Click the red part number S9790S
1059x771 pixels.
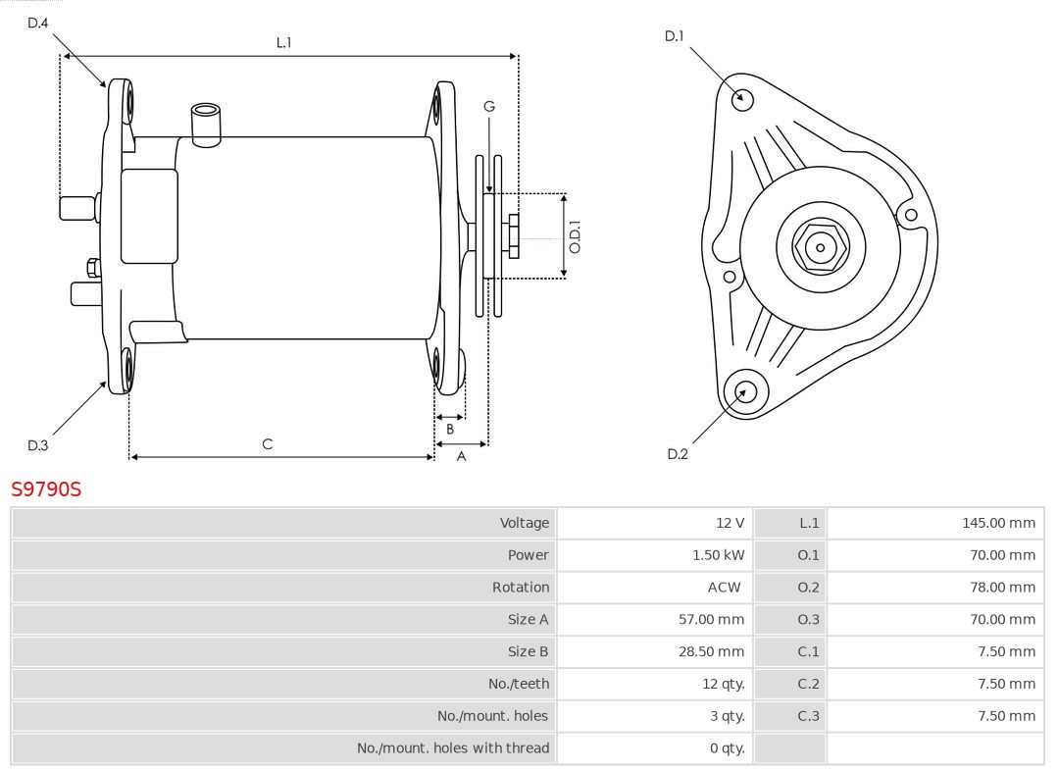pyautogui.click(x=46, y=488)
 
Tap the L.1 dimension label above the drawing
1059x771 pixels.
pyautogui.click(x=283, y=42)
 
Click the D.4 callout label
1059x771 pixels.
pyautogui.click(x=37, y=22)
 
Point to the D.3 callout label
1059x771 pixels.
pyautogui.click(x=37, y=445)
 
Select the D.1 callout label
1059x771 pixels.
pyautogui.click(x=674, y=36)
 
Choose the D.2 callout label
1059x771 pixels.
pyautogui.click(x=678, y=454)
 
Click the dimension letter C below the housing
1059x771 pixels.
pyautogui.click(x=268, y=444)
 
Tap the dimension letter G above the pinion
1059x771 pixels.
pyautogui.click(x=488, y=106)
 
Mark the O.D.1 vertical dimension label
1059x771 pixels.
pyautogui.click(x=576, y=236)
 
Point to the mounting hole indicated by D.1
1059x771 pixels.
pyautogui.click(x=743, y=98)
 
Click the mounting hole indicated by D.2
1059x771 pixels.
pyautogui.click(x=743, y=392)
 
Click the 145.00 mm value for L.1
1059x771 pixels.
pyautogui.click(x=998, y=523)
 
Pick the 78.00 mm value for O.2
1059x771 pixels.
pyautogui.click(x=1002, y=588)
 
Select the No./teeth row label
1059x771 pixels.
pyautogui.click(x=519, y=684)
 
